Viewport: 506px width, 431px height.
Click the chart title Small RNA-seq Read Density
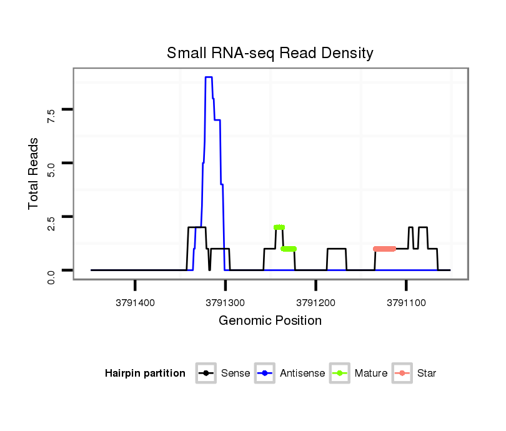(x=270, y=53)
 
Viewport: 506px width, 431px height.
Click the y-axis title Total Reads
(x=34, y=173)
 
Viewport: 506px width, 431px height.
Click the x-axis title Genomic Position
(x=270, y=321)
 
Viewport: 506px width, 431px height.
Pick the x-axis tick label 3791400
(x=135, y=302)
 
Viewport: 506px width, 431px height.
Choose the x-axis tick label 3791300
(x=226, y=302)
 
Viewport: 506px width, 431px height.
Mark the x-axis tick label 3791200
(x=316, y=302)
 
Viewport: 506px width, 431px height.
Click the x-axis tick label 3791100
(x=407, y=302)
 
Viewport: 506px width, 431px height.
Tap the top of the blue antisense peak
(x=209, y=77)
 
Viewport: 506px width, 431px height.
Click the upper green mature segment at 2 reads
(x=279, y=227)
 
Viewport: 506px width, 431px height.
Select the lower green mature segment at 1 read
(x=289, y=249)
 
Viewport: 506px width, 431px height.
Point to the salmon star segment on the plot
(x=384, y=249)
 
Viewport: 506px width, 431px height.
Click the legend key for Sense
(x=206, y=374)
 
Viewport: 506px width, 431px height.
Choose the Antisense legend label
(x=302, y=374)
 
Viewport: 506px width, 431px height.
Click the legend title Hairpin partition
(x=145, y=374)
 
